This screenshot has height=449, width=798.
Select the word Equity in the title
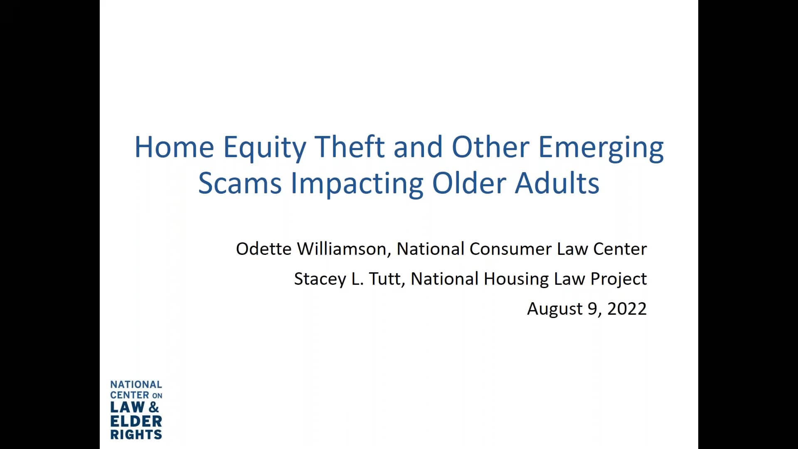pos(264,148)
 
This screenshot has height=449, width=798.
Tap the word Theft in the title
pos(350,147)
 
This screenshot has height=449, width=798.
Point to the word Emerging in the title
pos(601,148)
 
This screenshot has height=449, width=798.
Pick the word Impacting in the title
pos(357,184)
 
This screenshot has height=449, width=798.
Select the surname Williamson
pos(344,249)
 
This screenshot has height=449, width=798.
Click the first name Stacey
pos(320,279)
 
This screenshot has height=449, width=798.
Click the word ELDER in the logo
pos(136,421)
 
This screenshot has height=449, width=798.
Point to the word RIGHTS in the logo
pos(136,435)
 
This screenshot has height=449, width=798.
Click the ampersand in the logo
pos(154,407)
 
